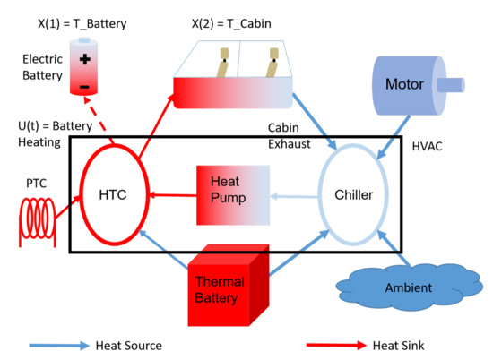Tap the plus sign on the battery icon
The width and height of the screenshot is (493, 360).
click(86, 60)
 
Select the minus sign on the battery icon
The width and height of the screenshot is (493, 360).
click(86, 87)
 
